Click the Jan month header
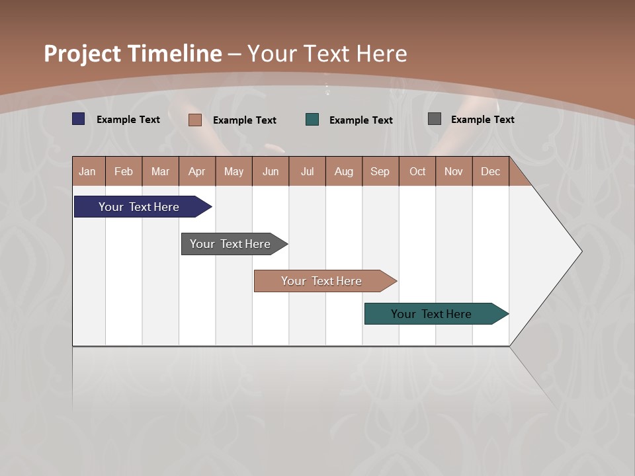coord(88,171)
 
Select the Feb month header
coord(124,171)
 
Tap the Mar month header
coord(160,171)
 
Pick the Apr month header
coord(197,171)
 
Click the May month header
coord(233,171)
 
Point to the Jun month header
coord(271,171)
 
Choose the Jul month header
coord(307,171)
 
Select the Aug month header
coord(344,171)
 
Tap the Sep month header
coord(380,171)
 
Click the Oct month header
coord(417,171)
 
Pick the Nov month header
coord(454,171)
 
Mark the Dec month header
coord(491,171)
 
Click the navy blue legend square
coord(79,119)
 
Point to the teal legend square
coord(312,120)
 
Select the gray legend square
coord(435,119)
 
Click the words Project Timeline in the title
coord(133,54)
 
